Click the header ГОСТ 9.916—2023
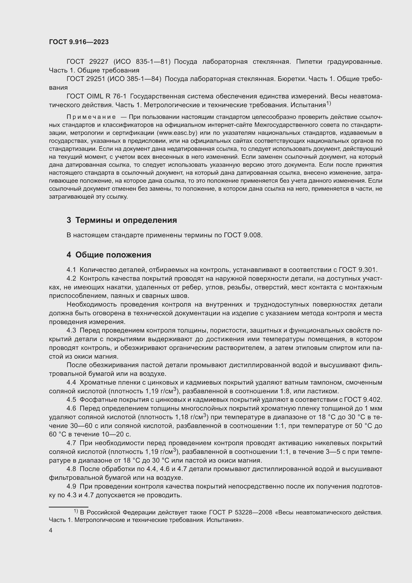[x=79, y=42]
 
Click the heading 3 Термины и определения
[x=122, y=220]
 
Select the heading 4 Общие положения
[x=109, y=255]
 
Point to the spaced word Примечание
[x=91, y=117]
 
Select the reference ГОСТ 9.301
[x=358, y=270]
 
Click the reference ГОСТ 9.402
[x=362, y=400]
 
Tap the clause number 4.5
[x=71, y=400]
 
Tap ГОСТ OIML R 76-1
[x=96, y=96]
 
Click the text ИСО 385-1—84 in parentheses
[x=135, y=79]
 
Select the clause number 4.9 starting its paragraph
[x=71, y=487]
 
